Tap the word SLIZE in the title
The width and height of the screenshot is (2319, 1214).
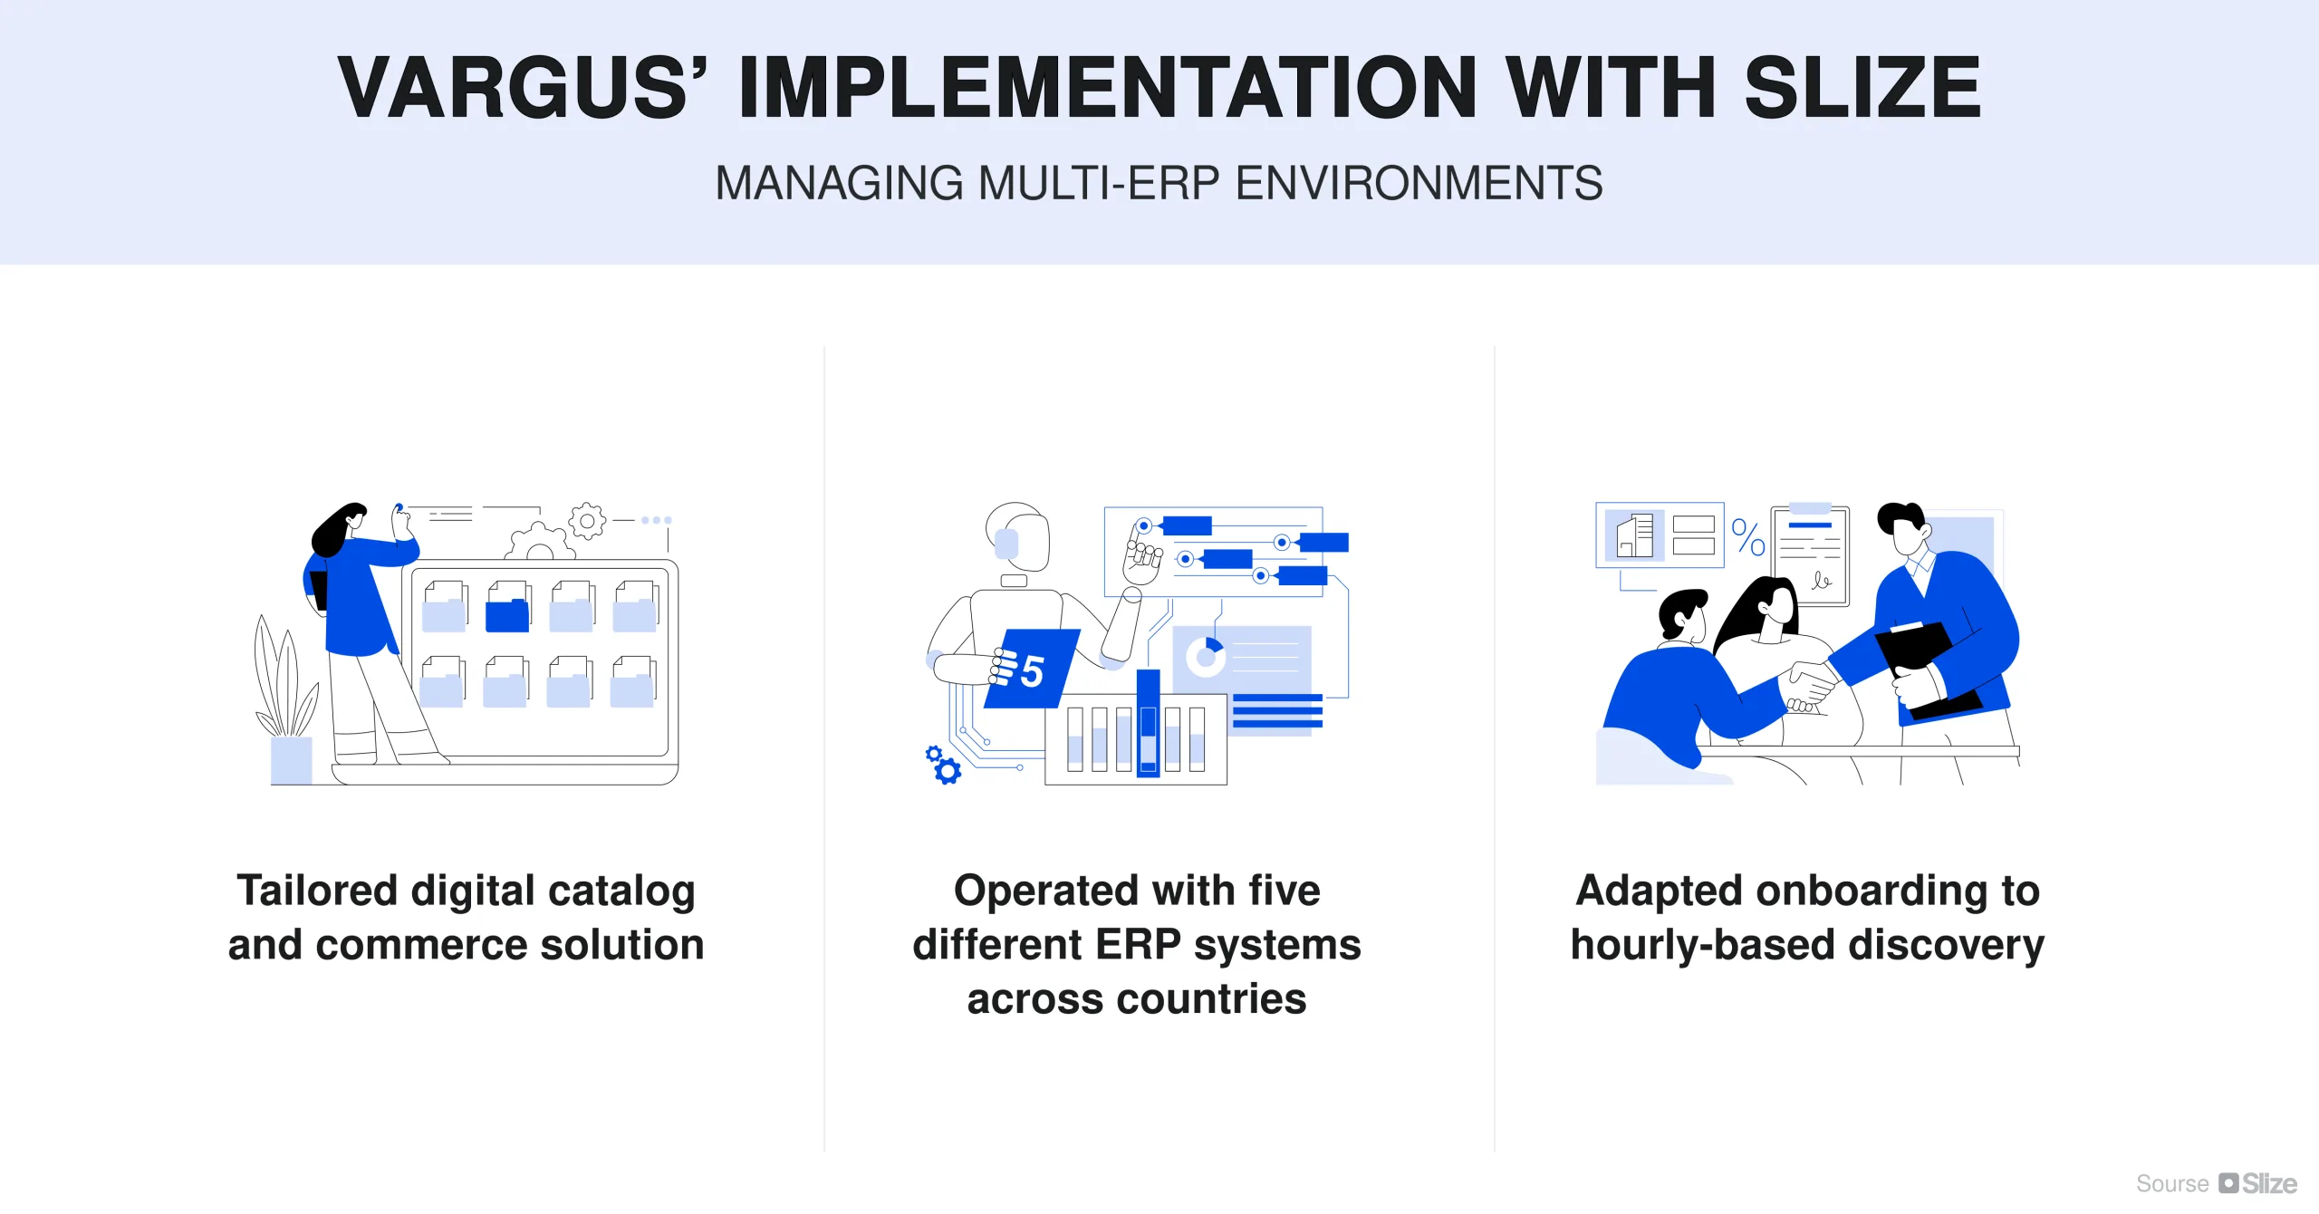[x=1862, y=88]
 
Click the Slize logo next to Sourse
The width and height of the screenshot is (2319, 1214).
[x=2258, y=1183]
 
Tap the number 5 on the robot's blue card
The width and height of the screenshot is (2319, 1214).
[x=1032, y=671]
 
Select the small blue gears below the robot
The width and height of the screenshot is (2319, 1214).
[x=942, y=765]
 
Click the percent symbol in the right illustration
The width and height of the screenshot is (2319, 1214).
[x=1747, y=537]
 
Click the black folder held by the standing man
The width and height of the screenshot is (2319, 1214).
[x=1920, y=666]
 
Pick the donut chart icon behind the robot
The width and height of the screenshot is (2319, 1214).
[x=1207, y=655]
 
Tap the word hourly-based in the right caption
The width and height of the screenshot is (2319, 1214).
[x=1703, y=945]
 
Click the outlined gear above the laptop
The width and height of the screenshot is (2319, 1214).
[x=587, y=521]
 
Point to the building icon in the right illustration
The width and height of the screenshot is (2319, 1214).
[x=1635, y=535]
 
